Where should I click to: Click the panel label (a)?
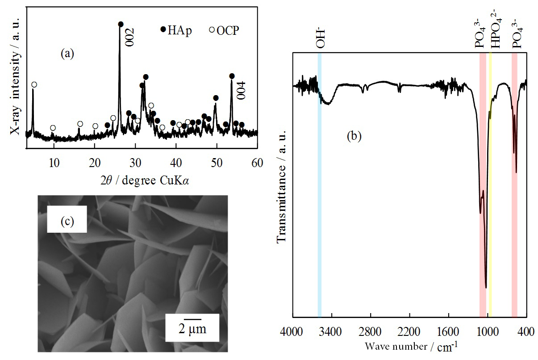pyautogui.click(x=67, y=54)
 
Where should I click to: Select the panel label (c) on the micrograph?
pyautogui.click(x=67, y=221)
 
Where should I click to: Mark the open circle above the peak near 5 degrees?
pyautogui.click(x=34, y=84)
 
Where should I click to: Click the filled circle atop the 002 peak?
pyautogui.click(x=121, y=24)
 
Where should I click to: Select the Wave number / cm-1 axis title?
pyautogui.click(x=411, y=346)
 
